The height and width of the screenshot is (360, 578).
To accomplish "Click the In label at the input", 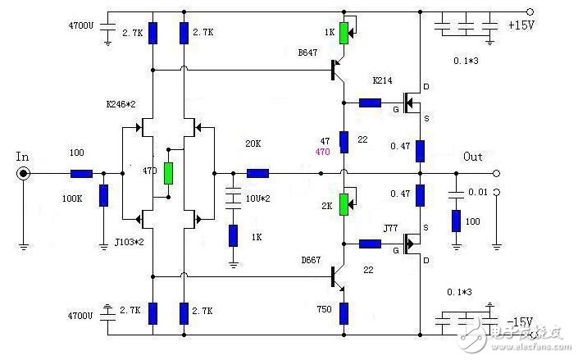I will (22, 155).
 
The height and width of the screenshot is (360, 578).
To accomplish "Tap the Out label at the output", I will (474, 156).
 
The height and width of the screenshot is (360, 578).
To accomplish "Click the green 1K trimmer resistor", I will (345, 33).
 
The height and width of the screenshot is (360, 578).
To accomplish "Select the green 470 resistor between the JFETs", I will (169, 173).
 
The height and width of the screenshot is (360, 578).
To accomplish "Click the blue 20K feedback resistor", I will (258, 173).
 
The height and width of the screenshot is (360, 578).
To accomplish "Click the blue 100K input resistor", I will (103, 195).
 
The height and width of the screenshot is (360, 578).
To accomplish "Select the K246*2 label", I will (121, 106).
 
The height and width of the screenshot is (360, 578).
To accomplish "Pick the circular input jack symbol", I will (25, 173).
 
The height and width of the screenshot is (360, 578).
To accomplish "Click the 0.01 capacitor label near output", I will (477, 192).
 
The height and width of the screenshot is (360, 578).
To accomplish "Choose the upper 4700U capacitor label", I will (84, 25).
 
